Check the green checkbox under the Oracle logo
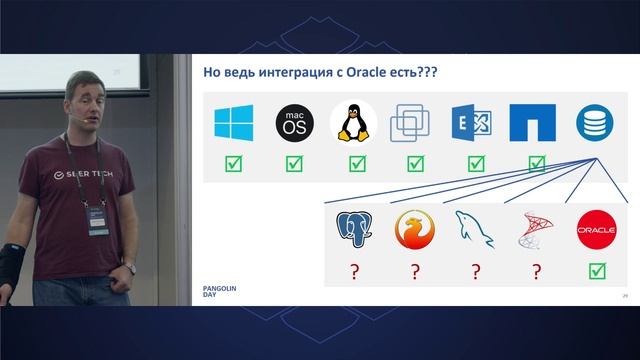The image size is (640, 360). tap(597, 271)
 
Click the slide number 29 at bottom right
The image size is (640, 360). tap(624, 297)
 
